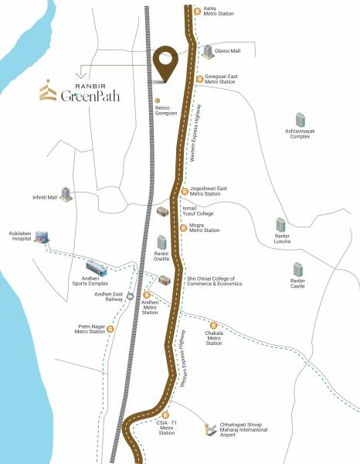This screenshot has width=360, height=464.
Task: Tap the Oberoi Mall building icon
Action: pos(208,51)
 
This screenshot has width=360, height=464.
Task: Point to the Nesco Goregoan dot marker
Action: pos(158,100)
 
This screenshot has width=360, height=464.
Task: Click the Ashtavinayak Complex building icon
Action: pos(300,121)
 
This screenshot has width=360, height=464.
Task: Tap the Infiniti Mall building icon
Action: pos(67,194)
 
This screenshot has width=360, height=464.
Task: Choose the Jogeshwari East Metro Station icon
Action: pos(184,190)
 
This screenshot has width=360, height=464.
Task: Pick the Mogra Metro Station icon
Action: pos(182,227)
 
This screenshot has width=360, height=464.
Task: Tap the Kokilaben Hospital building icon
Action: pos(42,236)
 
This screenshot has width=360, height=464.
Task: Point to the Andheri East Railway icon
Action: pos(130,295)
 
